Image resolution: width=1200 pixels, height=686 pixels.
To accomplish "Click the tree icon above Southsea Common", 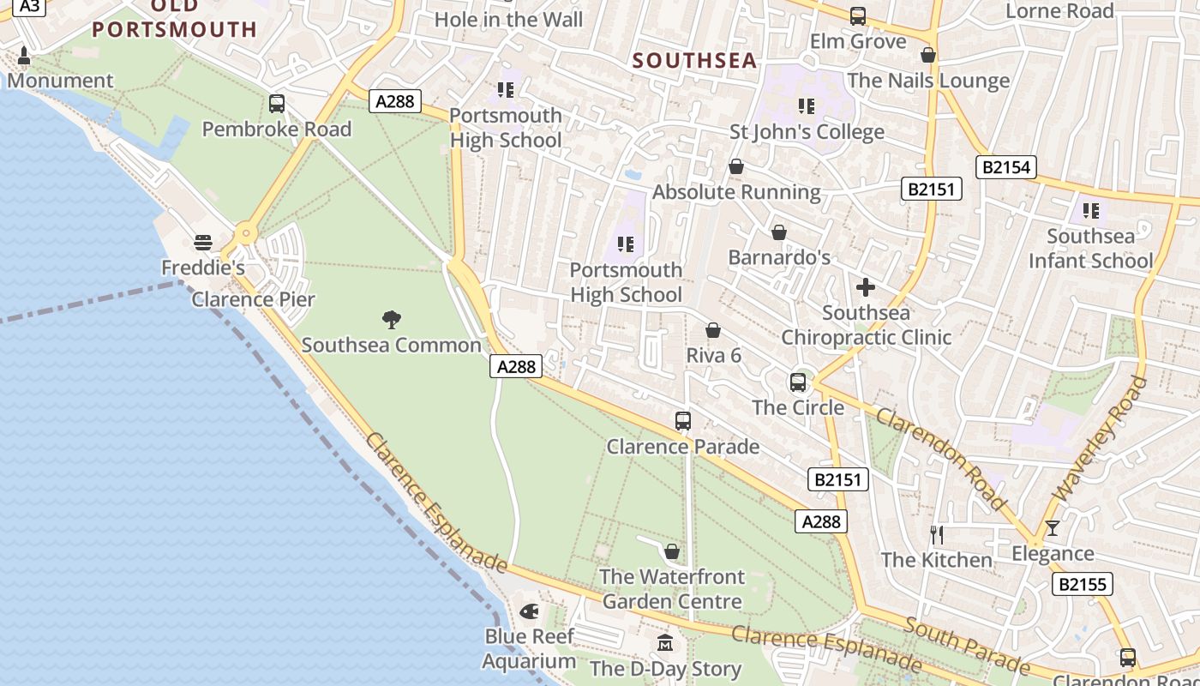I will tap(392, 320).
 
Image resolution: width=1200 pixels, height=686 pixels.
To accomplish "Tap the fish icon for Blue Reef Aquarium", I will tap(529, 611).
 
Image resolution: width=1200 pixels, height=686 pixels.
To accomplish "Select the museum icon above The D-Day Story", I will tap(665, 643).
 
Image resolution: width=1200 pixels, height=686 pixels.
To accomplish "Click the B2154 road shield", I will tap(1006, 167).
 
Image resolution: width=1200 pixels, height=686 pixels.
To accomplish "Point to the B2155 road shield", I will tap(1083, 585).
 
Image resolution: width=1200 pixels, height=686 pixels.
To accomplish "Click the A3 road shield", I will tap(29, 6).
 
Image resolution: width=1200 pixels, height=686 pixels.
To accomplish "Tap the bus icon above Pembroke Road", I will tap(277, 104).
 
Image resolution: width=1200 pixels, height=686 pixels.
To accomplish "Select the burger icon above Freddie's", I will tap(203, 243).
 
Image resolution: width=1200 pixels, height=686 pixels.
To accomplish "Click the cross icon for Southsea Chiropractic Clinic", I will tap(866, 287).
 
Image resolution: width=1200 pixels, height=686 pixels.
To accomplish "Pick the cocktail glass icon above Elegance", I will tap(1053, 528).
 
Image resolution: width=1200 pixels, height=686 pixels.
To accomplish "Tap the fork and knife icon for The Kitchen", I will tap(937, 535).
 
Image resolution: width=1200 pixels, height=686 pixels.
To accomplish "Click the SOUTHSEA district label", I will tap(695, 61).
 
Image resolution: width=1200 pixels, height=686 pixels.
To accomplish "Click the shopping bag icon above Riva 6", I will tap(713, 330).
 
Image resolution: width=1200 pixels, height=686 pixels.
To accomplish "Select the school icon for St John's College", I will tap(807, 106).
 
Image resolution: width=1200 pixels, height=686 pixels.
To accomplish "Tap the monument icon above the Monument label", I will tap(23, 56).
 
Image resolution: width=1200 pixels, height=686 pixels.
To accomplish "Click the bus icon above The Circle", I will tap(798, 382).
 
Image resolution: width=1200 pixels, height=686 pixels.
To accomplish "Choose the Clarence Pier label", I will tap(253, 299).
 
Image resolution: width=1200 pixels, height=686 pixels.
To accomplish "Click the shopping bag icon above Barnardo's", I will tap(779, 232).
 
